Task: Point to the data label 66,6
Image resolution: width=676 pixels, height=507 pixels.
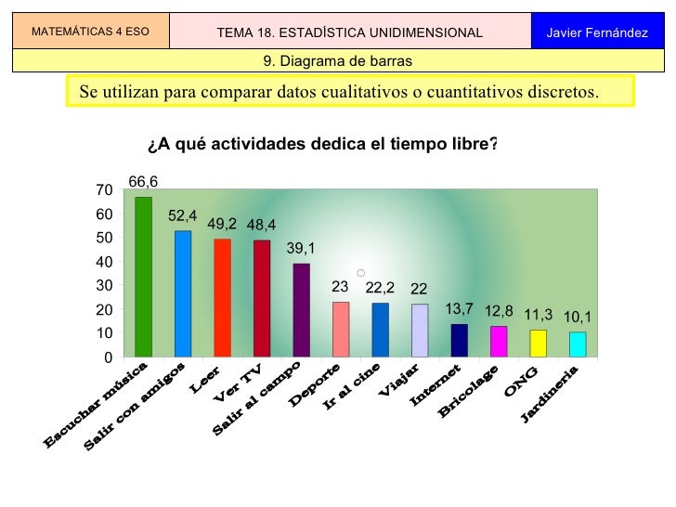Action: tap(143, 181)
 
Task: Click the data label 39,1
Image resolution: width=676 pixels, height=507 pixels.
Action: tap(301, 248)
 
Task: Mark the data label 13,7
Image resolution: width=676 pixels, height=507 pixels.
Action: tap(459, 308)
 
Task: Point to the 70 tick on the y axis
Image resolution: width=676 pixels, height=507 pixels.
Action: tap(104, 189)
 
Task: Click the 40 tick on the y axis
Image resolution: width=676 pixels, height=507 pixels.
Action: tap(104, 261)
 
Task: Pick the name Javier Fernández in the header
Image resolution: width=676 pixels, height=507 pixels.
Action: tap(597, 32)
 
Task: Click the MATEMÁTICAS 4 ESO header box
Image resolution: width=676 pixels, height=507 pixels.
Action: tap(89, 32)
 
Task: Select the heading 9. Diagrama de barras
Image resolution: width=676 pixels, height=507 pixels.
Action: tap(337, 61)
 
